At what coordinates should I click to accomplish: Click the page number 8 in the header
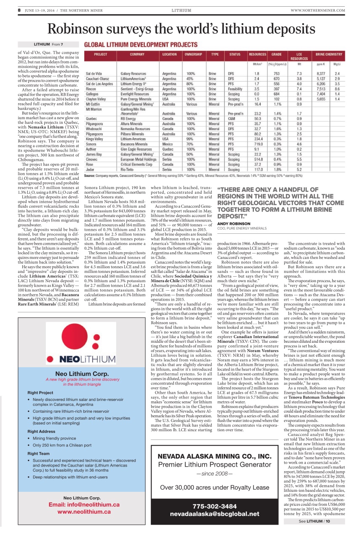tap(19, 10)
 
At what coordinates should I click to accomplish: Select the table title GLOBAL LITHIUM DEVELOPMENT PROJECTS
tap(141, 44)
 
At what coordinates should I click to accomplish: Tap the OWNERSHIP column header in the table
tap(193, 54)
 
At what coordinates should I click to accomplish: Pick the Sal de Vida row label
tap(94, 74)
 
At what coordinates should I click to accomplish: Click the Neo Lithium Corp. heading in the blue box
tap(88, 374)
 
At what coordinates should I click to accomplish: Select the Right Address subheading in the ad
tap(41, 432)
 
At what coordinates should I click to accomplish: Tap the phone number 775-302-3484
tap(214, 506)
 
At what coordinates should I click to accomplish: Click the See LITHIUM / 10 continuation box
tap(315, 521)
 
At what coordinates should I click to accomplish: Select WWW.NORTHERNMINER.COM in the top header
tap(317, 10)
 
